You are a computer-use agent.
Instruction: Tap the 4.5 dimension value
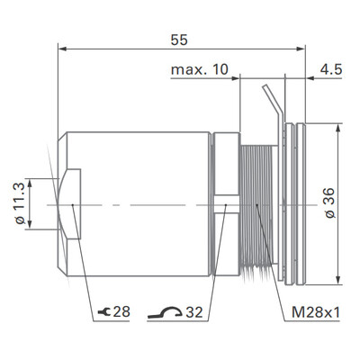[x=330, y=70]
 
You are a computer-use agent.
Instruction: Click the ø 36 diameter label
[x=328, y=205]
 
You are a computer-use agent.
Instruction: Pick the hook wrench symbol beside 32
[x=162, y=311]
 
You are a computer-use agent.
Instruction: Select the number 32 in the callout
[x=193, y=312]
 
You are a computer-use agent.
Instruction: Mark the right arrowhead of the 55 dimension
[x=301, y=50]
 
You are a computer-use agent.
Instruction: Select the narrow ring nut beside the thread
[x=224, y=205]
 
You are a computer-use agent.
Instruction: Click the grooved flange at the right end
[x=292, y=205]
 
